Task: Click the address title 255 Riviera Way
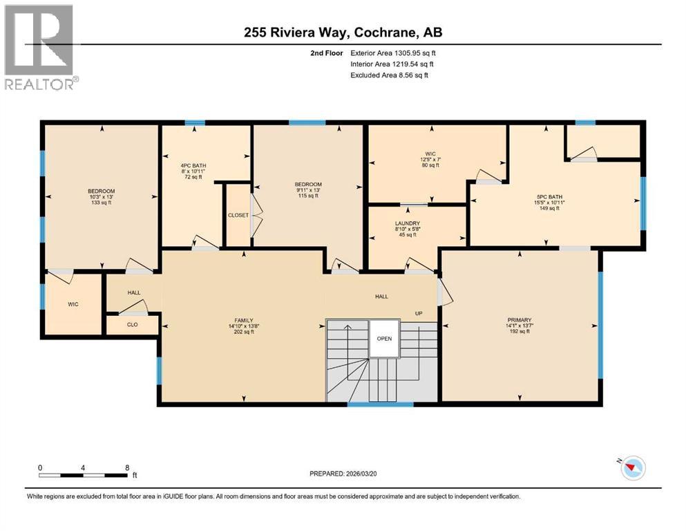coord(343,32)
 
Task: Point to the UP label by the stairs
coord(418,313)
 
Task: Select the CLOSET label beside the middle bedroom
coord(238,215)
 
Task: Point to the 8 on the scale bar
coord(127,467)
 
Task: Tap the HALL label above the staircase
coord(381,297)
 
